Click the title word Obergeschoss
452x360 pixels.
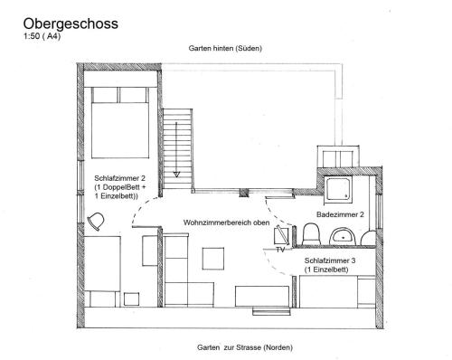[71, 24]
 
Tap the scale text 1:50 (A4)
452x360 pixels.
[42, 36]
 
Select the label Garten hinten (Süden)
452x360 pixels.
[225, 48]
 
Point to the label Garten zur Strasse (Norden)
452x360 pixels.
[245, 347]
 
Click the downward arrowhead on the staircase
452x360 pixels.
[176, 175]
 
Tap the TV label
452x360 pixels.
[280, 250]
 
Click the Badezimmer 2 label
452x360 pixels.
[340, 214]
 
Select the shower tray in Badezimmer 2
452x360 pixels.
[338, 189]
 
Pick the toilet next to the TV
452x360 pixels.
[311, 233]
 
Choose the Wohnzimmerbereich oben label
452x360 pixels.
[226, 223]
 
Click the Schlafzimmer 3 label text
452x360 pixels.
[330, 261]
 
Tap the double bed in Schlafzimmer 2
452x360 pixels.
[120, 122]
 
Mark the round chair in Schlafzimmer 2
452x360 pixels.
[96, 222]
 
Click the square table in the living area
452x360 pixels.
[213, 259]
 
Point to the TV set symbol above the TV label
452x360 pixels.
[282, 236]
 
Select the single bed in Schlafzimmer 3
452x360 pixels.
[337, 292]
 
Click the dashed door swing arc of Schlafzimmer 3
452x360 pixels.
[274, 265]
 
